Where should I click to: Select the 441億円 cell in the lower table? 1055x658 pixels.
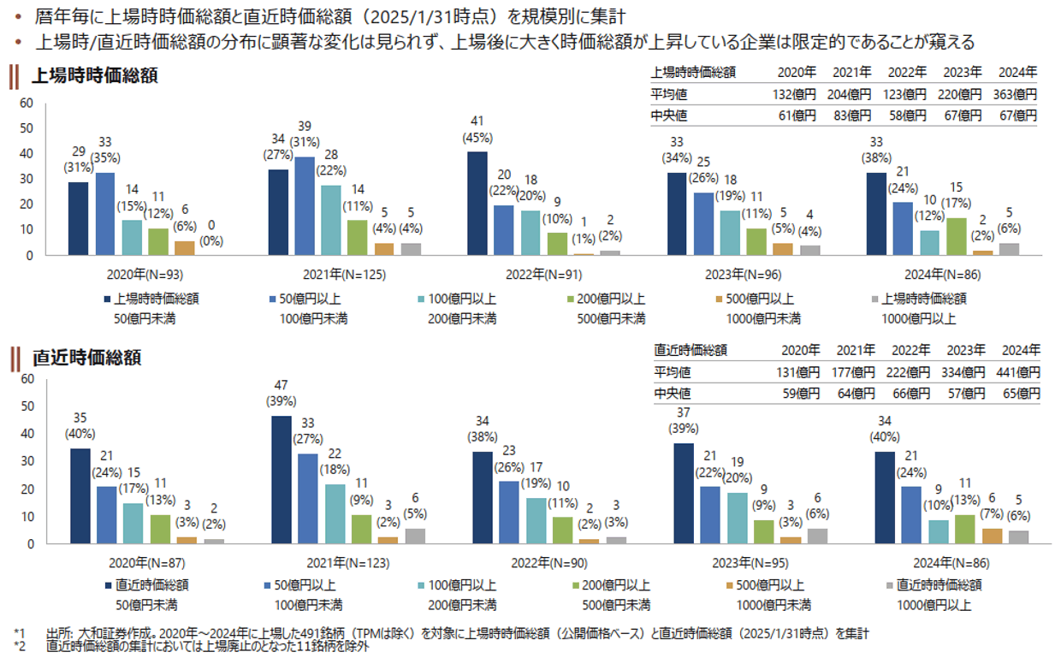[1018, 372]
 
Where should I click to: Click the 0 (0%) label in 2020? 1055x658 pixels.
[211, 234]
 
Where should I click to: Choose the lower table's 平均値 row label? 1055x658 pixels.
[673, 372]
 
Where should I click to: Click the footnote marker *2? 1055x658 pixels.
[20, 646]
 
